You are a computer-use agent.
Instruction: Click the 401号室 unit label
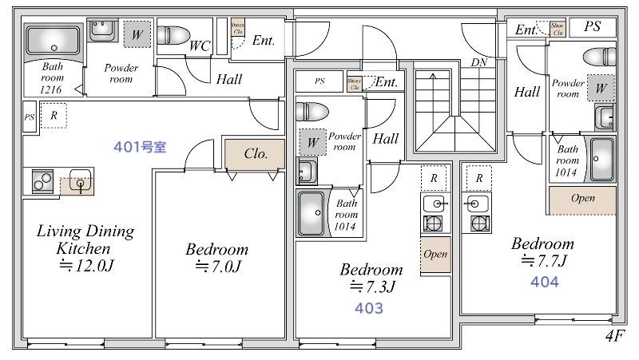[139, 148]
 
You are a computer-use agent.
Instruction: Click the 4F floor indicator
[615, 337]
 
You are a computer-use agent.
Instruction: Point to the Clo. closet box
[255, 153]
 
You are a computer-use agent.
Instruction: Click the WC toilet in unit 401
[172, 35]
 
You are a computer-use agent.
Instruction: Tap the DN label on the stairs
[479, 62]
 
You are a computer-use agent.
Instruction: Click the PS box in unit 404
[592, 27]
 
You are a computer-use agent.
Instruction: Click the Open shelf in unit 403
[435, 255]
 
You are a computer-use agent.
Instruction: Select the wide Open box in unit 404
[582, 199]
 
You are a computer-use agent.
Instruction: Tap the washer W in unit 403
[313, 141]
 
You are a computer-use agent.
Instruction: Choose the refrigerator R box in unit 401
[54, 115]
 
